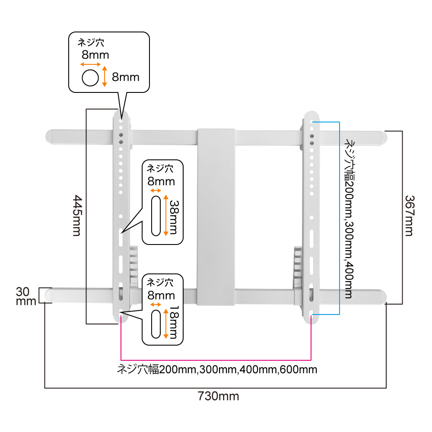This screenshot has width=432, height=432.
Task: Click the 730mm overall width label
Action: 219,396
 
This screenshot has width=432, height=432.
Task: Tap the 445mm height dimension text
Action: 76,216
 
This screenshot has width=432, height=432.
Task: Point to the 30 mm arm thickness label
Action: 25,296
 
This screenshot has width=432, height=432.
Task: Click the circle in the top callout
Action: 90,78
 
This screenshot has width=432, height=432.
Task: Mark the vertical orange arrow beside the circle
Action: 104,76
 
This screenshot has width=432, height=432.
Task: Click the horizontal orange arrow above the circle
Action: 90,64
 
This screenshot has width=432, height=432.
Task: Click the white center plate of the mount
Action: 216,216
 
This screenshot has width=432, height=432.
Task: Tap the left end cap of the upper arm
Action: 51,136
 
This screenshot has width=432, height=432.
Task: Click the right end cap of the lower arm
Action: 382,296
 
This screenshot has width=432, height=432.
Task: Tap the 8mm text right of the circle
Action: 126,77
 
